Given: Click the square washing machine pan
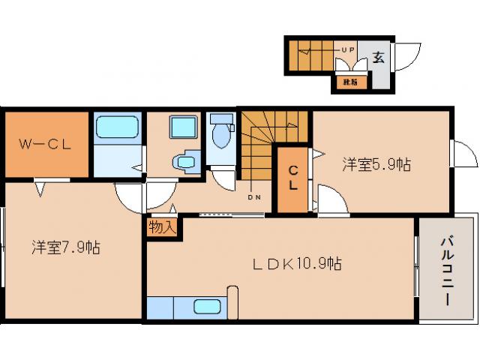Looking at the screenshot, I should pos(183,127).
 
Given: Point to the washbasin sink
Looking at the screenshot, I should pos(184,161).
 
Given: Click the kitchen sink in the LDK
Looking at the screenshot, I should pos(207,306).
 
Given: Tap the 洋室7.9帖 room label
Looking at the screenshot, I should pos(66,247).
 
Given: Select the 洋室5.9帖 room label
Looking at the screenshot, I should pos(377,163).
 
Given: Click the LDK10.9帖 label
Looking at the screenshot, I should pos(296,263).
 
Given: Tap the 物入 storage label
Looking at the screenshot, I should pos(161,226).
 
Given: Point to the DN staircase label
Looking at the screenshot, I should pos(253,199).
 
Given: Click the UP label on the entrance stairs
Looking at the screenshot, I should pos(348,49).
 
